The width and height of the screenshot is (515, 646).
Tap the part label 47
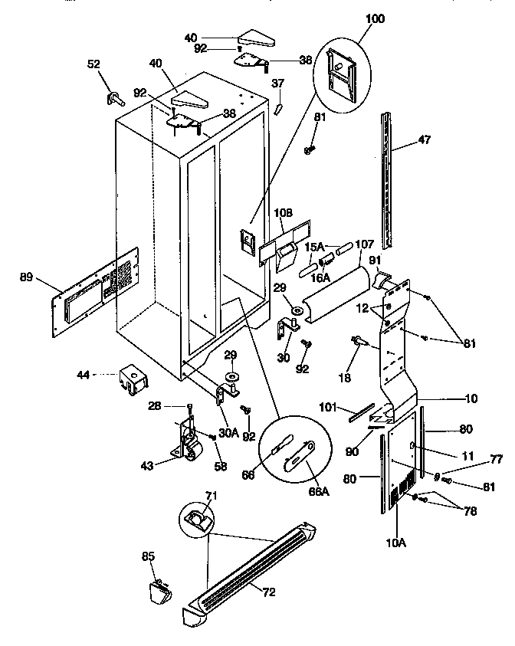424,140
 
